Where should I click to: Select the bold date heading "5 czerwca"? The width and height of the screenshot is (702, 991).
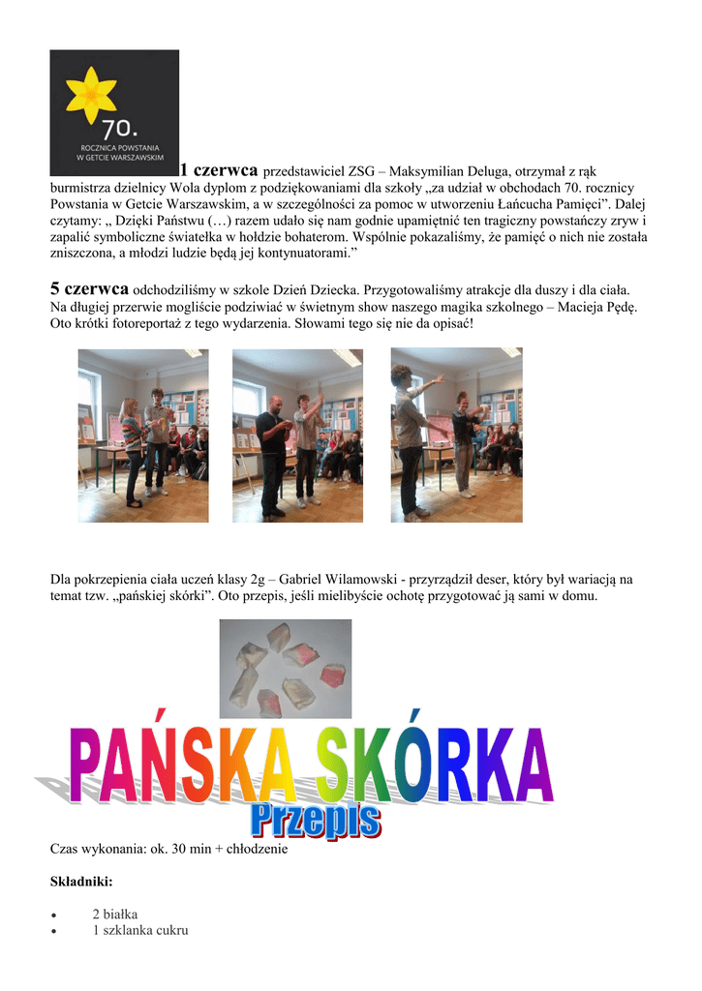click(89, 288)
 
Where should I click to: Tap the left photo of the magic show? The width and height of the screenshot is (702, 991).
click(142, 435)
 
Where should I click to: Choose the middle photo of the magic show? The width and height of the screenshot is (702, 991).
click(297, 435)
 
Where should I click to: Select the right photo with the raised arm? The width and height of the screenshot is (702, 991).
click(456, 435)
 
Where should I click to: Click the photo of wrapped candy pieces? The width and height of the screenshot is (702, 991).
click(285, 669)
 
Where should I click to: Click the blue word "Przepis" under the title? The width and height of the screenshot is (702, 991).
click(316, 824)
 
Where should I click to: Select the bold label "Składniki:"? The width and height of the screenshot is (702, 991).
click(81, 882)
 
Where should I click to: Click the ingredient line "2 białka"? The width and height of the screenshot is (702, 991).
click(114, 914)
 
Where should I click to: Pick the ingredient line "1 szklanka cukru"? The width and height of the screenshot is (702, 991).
click(139, 930)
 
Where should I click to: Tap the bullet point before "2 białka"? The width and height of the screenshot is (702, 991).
click(54, 915)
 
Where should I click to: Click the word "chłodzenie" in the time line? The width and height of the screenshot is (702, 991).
click(257, 849)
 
